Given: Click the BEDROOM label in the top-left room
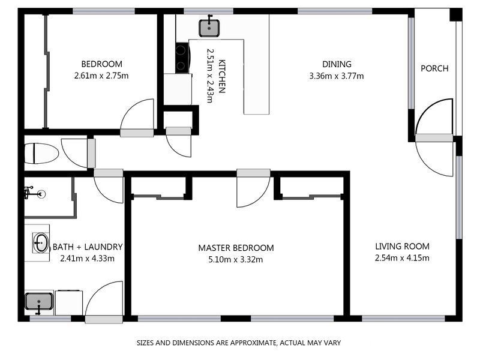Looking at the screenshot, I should (102, 64).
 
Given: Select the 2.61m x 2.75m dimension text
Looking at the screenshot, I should (102, 76).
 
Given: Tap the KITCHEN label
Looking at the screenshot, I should (221, 77).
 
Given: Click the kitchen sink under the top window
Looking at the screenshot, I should (209, 26).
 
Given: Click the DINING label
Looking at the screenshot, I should (337, 64).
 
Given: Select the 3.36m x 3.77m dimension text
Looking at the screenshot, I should (337, 76).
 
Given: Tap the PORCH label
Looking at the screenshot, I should (434, 68).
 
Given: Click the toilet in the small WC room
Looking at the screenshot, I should (41, 154).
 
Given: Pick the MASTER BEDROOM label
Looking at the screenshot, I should (236, 248).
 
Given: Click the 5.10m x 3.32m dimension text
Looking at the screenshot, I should (236, 259).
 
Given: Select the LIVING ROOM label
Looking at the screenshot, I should (402, 246).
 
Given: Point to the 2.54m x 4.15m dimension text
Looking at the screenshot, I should (402, 258).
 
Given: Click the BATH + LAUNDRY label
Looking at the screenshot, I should (88, 247).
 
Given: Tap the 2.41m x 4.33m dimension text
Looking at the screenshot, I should (88, 259).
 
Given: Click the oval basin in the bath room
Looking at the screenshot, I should (41, 244).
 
